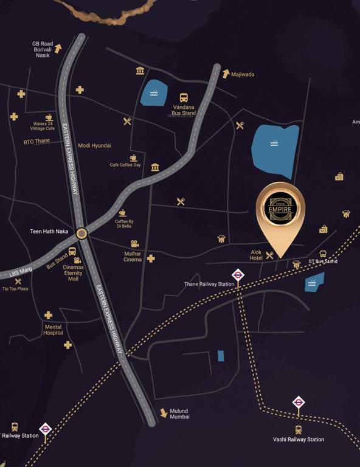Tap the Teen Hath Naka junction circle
[x=81, y=232]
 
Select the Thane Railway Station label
[x=209, y=284]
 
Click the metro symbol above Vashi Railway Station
[x=298, y=402]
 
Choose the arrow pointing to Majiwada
[x=226, y=74]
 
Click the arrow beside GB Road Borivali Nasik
[x=58, y=47]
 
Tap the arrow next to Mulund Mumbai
[x=164, y=412]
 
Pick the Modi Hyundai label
[x=94, y=146]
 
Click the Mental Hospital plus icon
[x=48, y=315]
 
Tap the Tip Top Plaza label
[x=15, y=288]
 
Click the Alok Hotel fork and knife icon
[x=269, y=255]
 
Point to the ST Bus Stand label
[x=322, y=261]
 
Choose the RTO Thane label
[x=36, y=142]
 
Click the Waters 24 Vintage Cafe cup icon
[x=49, y=117]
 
